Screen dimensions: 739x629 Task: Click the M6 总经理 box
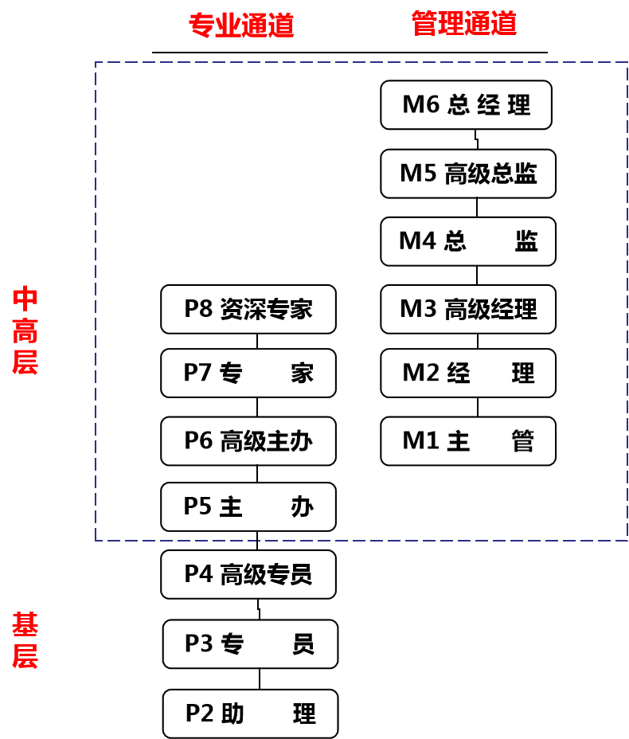click(466, 104)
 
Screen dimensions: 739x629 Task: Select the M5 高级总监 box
click(467, 174)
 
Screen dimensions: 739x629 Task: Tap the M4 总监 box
click(467, 241)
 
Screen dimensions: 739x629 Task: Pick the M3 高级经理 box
click(467, 309)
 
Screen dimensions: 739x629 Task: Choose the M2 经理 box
click(467, 373)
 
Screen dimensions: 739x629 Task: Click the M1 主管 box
click(467, 440)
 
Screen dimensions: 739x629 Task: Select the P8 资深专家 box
click(248, 309)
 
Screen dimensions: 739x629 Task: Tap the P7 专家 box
click(248, 373)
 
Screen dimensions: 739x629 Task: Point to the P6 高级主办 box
click(248, 440)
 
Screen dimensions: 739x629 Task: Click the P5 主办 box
click(248, 506)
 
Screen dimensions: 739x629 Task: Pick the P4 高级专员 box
click(248, 574)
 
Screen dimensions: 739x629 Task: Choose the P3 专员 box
click(250, 643)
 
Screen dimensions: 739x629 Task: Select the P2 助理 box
click(250, 714)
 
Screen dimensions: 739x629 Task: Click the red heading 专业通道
click(241, 25)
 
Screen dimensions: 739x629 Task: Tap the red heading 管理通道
click(464, 24)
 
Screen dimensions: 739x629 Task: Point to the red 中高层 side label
click(25, 330)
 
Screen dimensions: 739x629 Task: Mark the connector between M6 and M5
click(476, 139)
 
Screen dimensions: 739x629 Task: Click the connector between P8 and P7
click(257, 341)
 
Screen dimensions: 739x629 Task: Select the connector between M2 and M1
click(477, 406)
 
